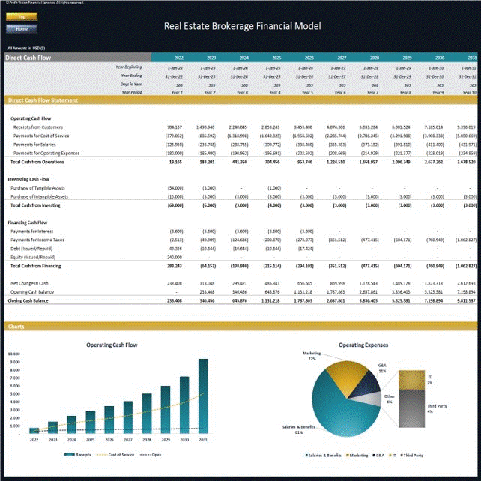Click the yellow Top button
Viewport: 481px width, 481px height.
point(21,16)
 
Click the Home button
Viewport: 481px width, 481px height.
point(21,28)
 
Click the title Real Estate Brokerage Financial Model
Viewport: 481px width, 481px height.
point(242,26)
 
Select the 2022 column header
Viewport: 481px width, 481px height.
point(178,58)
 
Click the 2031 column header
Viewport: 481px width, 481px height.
point(472,58)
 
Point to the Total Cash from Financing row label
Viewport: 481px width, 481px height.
point(35,266)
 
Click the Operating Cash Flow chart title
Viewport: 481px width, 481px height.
point(112,345)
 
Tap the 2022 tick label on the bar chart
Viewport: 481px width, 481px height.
point(34,440)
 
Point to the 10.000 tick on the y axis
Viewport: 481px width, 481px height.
point(15,354)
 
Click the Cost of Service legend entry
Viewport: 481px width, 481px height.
point(120,455)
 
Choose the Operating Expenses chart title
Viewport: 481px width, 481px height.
point(363,345)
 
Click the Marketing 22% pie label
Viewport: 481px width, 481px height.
point(312,356)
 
